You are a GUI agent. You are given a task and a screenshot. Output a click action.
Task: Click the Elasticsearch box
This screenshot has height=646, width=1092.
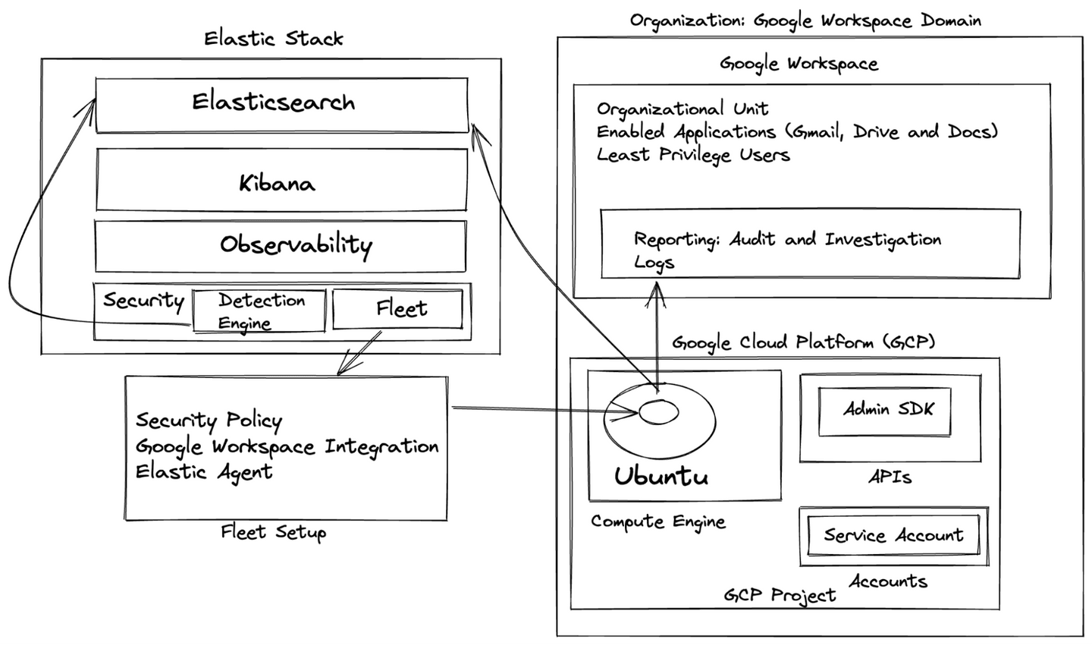pyautogui.click(x=281, y=104)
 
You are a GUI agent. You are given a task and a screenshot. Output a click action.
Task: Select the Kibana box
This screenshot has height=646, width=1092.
pyautogui.click(x=281, y=181)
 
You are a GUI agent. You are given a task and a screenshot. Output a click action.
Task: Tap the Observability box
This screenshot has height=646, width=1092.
pyautogui.click(x=281, y=245)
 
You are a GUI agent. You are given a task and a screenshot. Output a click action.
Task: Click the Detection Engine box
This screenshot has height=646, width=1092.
pyautogui.click(x=259, y=310)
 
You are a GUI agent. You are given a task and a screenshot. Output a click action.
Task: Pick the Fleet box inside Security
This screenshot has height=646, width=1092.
pyautogui.click(x=398, y=309)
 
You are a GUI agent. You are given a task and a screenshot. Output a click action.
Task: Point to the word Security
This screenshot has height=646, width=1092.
pyautogui.click(x=143, y=301)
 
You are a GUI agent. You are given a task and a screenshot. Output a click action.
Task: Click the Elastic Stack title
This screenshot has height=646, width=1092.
pyautogui.click(x=273, y=39)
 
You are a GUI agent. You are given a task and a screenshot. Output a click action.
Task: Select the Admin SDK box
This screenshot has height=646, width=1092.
pyautogui.click(x=884, y=411)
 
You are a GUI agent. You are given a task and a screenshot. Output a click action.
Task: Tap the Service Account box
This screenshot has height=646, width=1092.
pyautogui.click(x=893, y=535)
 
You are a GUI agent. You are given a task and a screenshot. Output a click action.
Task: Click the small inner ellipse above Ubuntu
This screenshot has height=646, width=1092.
pyautogui.click(x=658, y=412)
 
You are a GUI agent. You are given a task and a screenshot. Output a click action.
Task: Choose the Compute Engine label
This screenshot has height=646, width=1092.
pyautogui.click(x=657, y=522)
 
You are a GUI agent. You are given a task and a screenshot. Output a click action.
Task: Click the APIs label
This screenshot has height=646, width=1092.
pyautogui.click(x=889, y=477)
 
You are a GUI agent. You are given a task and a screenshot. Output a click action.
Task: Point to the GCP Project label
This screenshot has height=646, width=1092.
pyautogui.click(x=779, y=595)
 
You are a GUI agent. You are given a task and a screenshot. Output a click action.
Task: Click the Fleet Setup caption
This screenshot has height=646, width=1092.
pyautogui.click(x=273, y=532)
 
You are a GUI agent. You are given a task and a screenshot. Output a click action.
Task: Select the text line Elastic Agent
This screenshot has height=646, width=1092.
pyautogui.click(x=203, y=471)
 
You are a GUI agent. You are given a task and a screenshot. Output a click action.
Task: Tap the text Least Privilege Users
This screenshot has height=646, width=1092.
pyautogui.click(x=692, y=155)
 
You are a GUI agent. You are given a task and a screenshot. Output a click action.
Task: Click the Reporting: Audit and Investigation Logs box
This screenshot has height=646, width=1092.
pyautogui.click(x=809, y=244)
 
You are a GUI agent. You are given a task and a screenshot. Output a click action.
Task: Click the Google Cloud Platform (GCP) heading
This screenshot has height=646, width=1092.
pyautogui.click(x=802, y=343)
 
